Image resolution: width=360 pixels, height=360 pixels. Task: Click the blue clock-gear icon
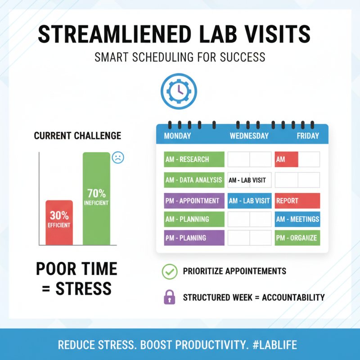(178, 90)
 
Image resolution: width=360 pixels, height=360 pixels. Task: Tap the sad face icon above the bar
(117, 157)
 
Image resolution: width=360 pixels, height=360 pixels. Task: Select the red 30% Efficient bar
(59, 222)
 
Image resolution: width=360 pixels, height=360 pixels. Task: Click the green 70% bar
(96, 198)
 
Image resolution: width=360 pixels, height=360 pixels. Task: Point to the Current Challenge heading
(77, 135)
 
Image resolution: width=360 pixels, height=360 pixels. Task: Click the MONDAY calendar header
(177, 136)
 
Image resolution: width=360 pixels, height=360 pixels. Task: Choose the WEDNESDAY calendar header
(249, 136)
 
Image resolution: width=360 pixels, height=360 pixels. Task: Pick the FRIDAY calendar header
(308, 136)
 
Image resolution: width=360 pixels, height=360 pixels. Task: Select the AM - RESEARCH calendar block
(194, 159)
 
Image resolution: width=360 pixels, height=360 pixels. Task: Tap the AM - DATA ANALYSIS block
(194, 180)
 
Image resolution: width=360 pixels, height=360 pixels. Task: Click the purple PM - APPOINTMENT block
(194, 201)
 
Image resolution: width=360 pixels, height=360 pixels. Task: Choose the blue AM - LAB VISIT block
(249, 201)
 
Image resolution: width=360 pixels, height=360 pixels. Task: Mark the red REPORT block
(297, 201)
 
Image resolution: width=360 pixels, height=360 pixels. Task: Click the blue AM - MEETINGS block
(297, 219)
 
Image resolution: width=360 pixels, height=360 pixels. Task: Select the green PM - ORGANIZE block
(297, 238)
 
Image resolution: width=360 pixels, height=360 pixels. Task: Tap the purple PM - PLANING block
(194, 238)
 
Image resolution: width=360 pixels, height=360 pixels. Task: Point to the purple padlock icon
(169, 297)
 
